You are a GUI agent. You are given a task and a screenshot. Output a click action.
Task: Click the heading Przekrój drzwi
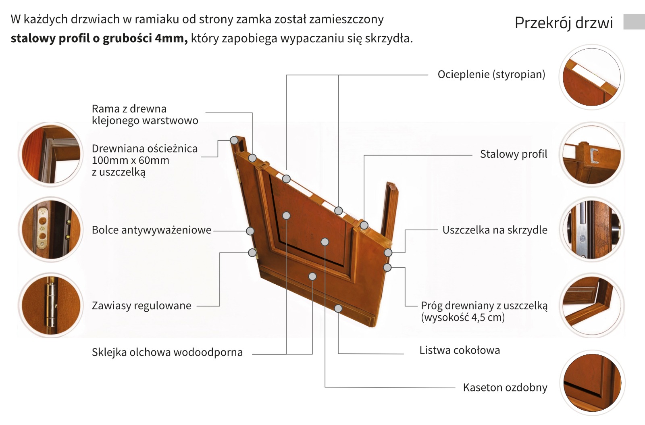[x=564, y=23]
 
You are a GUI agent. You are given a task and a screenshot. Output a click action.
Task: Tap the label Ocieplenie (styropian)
[x=491, y=75]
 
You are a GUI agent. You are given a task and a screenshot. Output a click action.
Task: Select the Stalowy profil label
[x=513, y=154]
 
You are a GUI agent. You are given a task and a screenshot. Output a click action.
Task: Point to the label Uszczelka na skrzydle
[x=495, y=230]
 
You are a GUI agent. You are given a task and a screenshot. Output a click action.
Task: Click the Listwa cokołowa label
[x=460, y=350]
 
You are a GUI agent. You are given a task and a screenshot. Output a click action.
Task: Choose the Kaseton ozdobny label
[x=505, y=387]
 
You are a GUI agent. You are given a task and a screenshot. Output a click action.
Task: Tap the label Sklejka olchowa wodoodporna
[x=167, y=352]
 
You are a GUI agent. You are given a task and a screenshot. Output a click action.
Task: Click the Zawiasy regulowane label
[x=141, y=306]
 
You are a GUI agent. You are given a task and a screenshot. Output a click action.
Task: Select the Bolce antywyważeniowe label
[x=152, y=230]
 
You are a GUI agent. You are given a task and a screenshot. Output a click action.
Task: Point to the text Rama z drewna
[x=129, y=109]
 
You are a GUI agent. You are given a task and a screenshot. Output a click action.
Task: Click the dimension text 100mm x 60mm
[x=130, y=160]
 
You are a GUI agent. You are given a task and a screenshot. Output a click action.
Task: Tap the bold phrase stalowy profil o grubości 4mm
[x=99, y=39]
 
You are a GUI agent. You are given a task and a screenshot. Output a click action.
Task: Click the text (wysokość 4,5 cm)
[x=463, y=317]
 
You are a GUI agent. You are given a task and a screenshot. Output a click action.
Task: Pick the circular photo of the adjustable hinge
[x=51, y=305]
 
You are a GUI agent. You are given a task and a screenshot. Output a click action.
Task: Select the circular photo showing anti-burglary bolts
[x=51, y=229]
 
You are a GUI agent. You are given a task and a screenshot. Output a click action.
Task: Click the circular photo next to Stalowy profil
[x=591, y=154]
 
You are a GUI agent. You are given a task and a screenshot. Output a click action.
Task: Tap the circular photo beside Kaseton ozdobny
[x=591, y=383]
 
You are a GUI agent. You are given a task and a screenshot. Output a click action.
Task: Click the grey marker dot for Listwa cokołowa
[x=338, y=308]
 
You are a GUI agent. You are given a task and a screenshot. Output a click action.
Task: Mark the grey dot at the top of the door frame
[x=234, y=140]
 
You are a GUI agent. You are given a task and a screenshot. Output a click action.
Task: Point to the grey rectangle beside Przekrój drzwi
[x=634, y=22]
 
